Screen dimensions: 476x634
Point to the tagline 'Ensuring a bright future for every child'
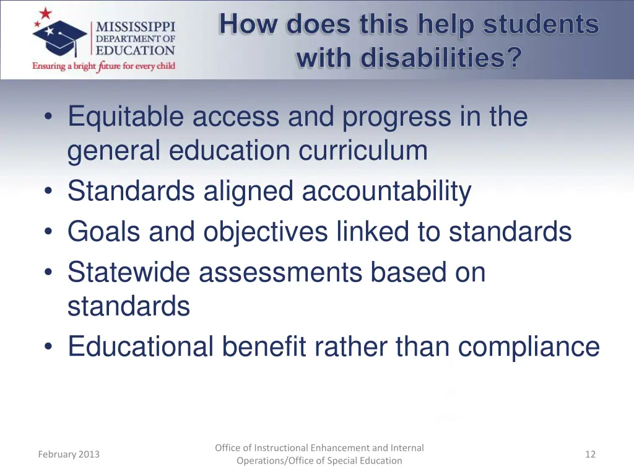tap(104, 66)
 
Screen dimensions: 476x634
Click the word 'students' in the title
tap(541, 25)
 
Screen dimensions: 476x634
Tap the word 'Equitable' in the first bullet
tap(126, 117)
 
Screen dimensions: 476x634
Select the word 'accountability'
tap(386, 192)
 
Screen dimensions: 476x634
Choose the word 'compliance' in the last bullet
tap(529, 346)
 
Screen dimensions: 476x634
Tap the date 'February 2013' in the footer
tap(69, 454)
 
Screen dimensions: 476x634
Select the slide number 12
tap(590, 454)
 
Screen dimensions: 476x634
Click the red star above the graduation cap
tap(46, 14)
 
